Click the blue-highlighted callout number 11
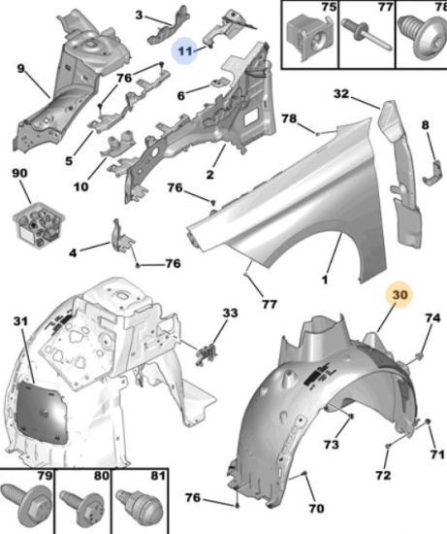[185, 51]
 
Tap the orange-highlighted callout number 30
[399, 294]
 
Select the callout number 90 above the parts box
[19, 173]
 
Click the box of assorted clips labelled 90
[39, 224]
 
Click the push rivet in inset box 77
[367, 35]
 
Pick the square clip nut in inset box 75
[308, 38]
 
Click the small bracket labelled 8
[431, 174]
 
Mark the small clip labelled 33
[207, 354]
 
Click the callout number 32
[341, 93]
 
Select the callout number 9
[20, 69]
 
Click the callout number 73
[331, 445]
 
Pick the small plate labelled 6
[220, 83]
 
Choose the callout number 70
[316, 509]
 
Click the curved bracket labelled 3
[168, 26]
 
